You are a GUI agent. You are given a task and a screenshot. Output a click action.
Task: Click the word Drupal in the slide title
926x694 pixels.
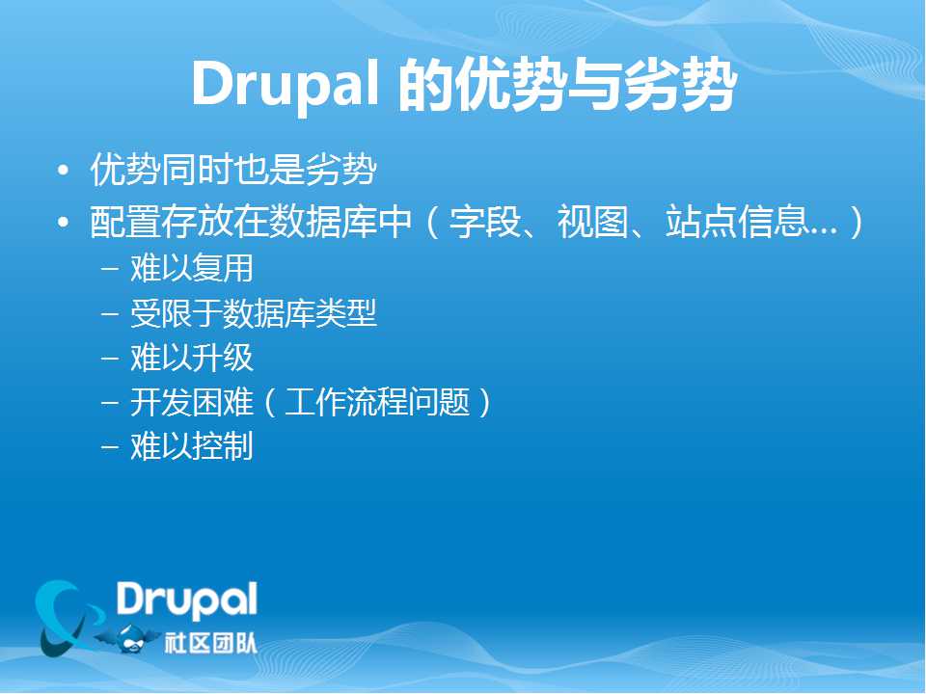tap(285, 84)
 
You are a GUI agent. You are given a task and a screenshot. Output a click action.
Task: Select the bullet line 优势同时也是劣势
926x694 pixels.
tap(233, 170)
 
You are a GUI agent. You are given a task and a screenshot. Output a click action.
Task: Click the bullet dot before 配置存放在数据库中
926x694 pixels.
tap(64, 223)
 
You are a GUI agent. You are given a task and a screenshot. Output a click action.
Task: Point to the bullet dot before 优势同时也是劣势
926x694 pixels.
tap(64, 171)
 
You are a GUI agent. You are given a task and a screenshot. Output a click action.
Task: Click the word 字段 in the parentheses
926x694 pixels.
tap(485, 222)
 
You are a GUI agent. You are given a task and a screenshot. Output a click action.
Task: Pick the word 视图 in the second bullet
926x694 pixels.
tap(593, 222)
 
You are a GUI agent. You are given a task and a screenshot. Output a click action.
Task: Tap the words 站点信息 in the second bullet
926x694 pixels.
tap(736, 222)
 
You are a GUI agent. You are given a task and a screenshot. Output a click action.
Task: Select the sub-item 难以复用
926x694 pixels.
tap(192, 269)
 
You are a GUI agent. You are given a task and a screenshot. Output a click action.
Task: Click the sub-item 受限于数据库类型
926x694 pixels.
tap(254, 313)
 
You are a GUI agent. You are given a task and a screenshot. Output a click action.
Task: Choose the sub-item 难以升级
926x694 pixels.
tap(192, 358)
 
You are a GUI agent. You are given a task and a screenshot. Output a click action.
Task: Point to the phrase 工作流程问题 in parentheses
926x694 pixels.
tap(377, 403)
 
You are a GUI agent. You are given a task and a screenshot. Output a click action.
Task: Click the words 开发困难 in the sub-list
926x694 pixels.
tap(192, 403)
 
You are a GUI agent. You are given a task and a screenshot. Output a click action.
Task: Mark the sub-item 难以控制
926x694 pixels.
tap(192, 446)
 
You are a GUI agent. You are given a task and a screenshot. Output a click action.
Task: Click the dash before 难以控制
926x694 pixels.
tap(110, 447)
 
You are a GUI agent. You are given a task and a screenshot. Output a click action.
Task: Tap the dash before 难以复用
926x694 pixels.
tap(110, 269)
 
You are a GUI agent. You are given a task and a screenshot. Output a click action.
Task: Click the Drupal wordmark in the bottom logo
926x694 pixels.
tap(186, 601)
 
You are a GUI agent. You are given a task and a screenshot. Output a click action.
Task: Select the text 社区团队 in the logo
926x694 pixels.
tap(211, 643)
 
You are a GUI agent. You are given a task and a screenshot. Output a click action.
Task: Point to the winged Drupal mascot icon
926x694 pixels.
tap(127, 639)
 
